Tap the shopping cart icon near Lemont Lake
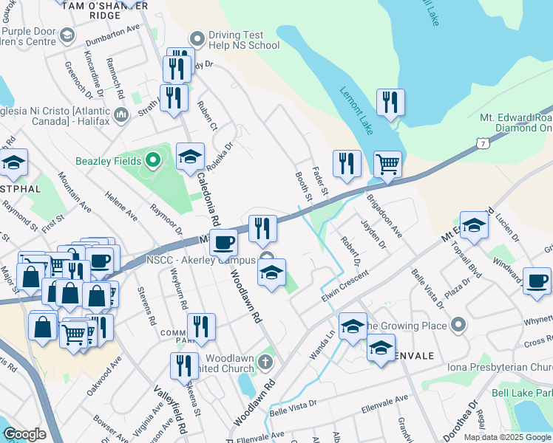(x=387, y=164)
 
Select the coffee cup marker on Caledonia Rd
(x=223, y=241)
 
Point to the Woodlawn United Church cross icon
(x=266, y=363)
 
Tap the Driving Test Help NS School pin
(x=197, y=38)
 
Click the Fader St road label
(x=320, y=182)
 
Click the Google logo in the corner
(x=24, y=434)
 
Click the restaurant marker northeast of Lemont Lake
(x=390, y=102)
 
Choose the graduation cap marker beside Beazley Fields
(x=190, y=156)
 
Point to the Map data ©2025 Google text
(x=506, y=437)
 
